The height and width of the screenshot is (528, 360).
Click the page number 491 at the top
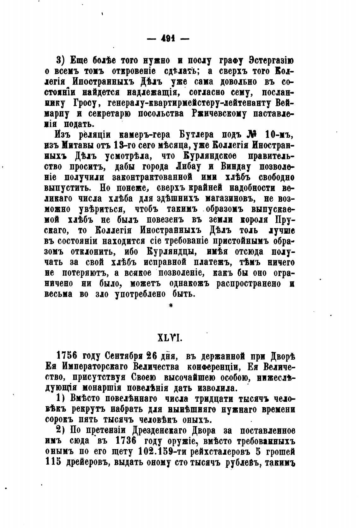point(169,39)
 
